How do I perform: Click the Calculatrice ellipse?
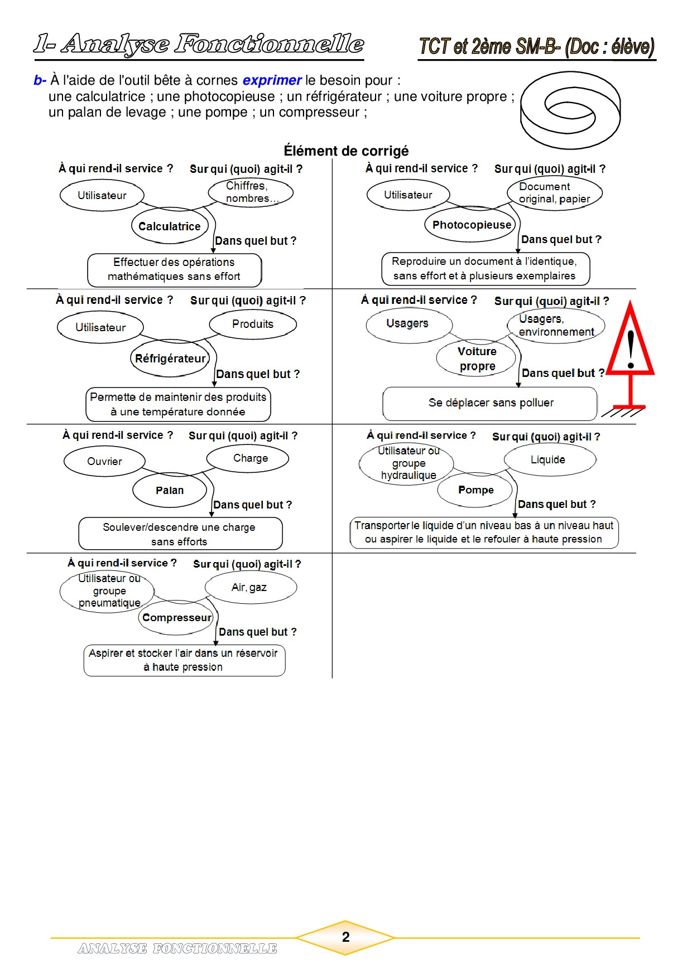(x=170, y=226)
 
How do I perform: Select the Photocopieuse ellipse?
(x=471, y=225)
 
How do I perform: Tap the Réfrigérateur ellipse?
(x=171, y=359)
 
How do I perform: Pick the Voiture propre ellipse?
(x=477, y=359)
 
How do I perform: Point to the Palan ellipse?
(x=170, y=490)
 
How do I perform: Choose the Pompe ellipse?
(x=475, y=490)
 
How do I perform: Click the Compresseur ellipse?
(x=176, y=617)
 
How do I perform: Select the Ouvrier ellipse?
(x=104, y=461)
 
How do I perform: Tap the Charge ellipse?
(x=250, y=458)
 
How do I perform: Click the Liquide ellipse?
(x=549, y=459)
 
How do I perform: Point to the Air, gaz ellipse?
(x=250, y=587)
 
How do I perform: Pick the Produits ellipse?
(x=253, y=325)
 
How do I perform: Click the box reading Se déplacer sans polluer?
(x=490, y=403)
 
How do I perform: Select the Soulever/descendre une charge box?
(x=180, y=534)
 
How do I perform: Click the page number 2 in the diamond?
(x=345, y=937)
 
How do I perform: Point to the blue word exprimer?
(x=272, y=80)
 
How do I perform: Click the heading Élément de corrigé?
(x=346, y=151)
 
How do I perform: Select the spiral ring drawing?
(x=570, y=110)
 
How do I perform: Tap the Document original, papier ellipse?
(x=555, y=193)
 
